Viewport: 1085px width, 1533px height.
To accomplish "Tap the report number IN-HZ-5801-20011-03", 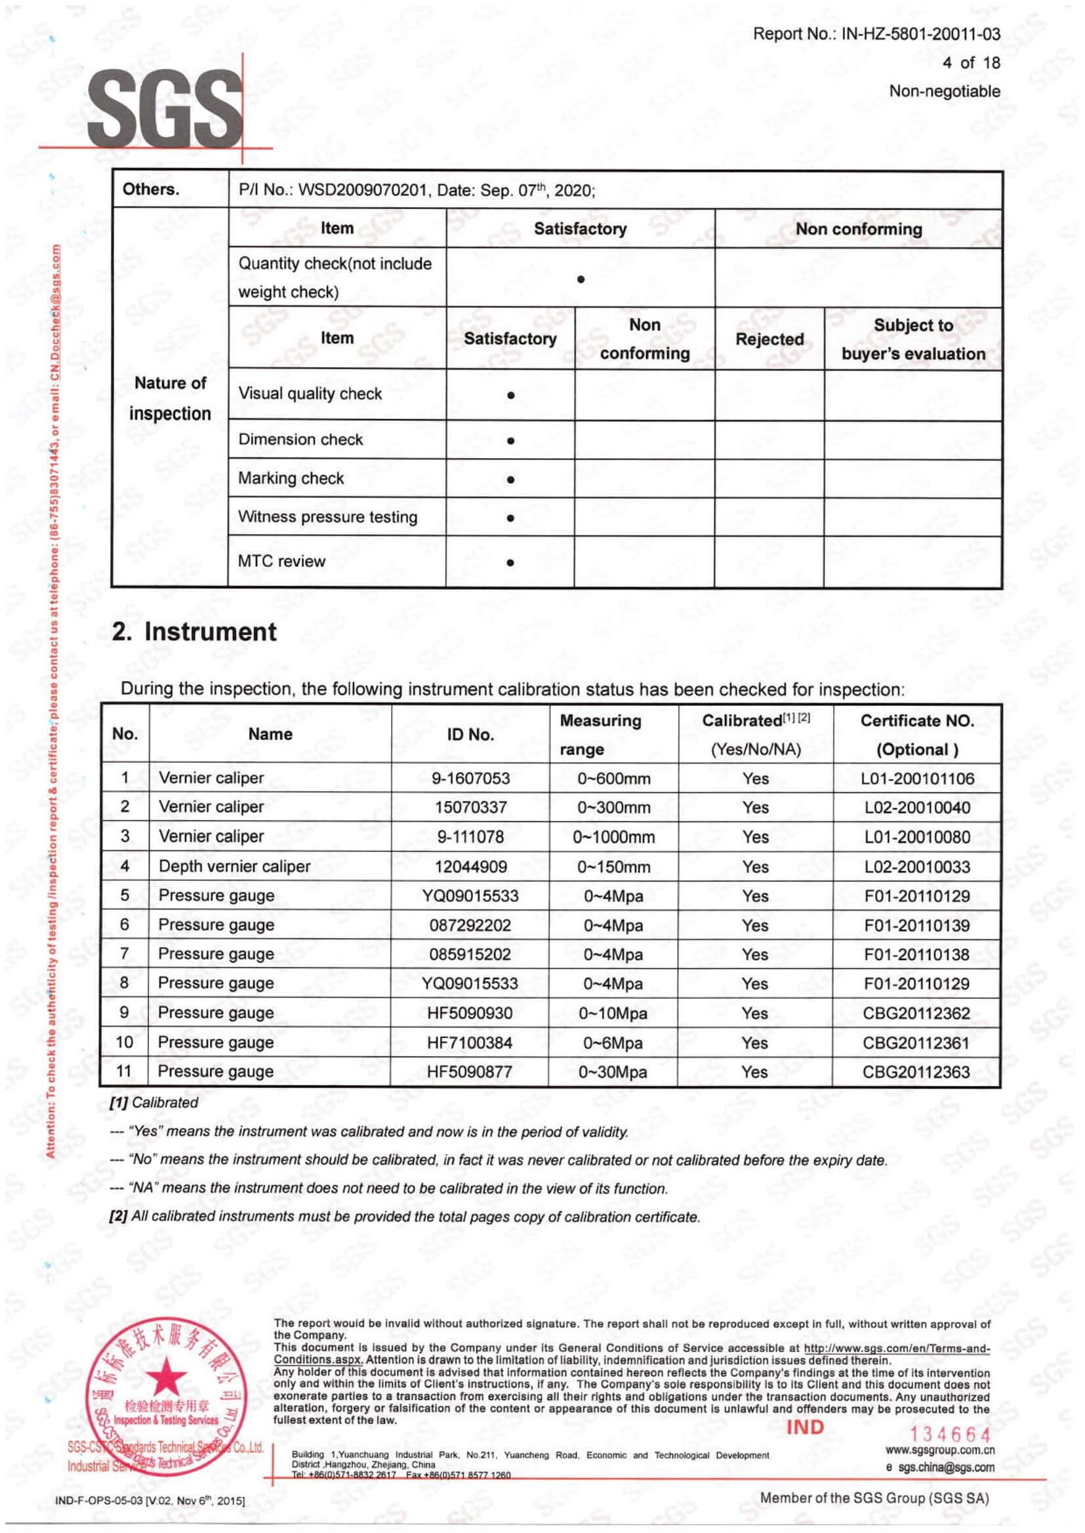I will [920, 34].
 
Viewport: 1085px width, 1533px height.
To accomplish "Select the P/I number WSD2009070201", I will [361, 190].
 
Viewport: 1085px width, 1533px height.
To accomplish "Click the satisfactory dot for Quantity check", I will [581, 279].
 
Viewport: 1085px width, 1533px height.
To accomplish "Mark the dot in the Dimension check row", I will [510, 440].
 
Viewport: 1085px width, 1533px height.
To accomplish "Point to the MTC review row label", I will [281, 562].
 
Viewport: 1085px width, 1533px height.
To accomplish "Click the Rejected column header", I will [769, 340].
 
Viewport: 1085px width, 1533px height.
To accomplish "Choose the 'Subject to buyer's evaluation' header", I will [912, 340].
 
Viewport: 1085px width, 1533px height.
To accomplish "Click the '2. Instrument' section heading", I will [194, 632].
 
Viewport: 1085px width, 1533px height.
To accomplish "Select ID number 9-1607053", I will [470, 779].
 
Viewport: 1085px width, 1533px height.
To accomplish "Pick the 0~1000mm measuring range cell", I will [613, 837].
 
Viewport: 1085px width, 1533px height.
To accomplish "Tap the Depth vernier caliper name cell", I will [234, 866].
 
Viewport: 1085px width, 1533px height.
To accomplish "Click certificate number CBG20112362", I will [916, 1013].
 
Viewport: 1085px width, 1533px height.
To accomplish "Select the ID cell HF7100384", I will [470, 1043].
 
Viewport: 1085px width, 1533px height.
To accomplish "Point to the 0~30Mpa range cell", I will [613, 1072].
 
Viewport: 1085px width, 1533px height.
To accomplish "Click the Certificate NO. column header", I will [916, 735].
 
